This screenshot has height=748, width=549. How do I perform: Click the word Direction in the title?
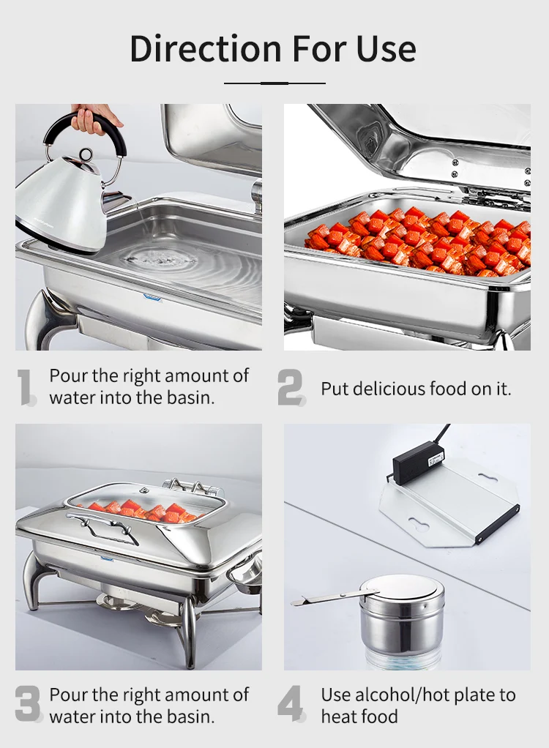(205, 48)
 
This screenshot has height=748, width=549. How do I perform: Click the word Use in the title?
(386, 48)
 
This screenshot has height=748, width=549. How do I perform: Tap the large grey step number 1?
(26, 387)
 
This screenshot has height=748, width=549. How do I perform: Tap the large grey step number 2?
(291, 387)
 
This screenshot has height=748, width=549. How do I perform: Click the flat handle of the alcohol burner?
(322, 599)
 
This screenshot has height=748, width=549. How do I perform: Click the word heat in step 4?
(339, 716)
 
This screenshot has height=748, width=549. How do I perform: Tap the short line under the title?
(274, 83)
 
